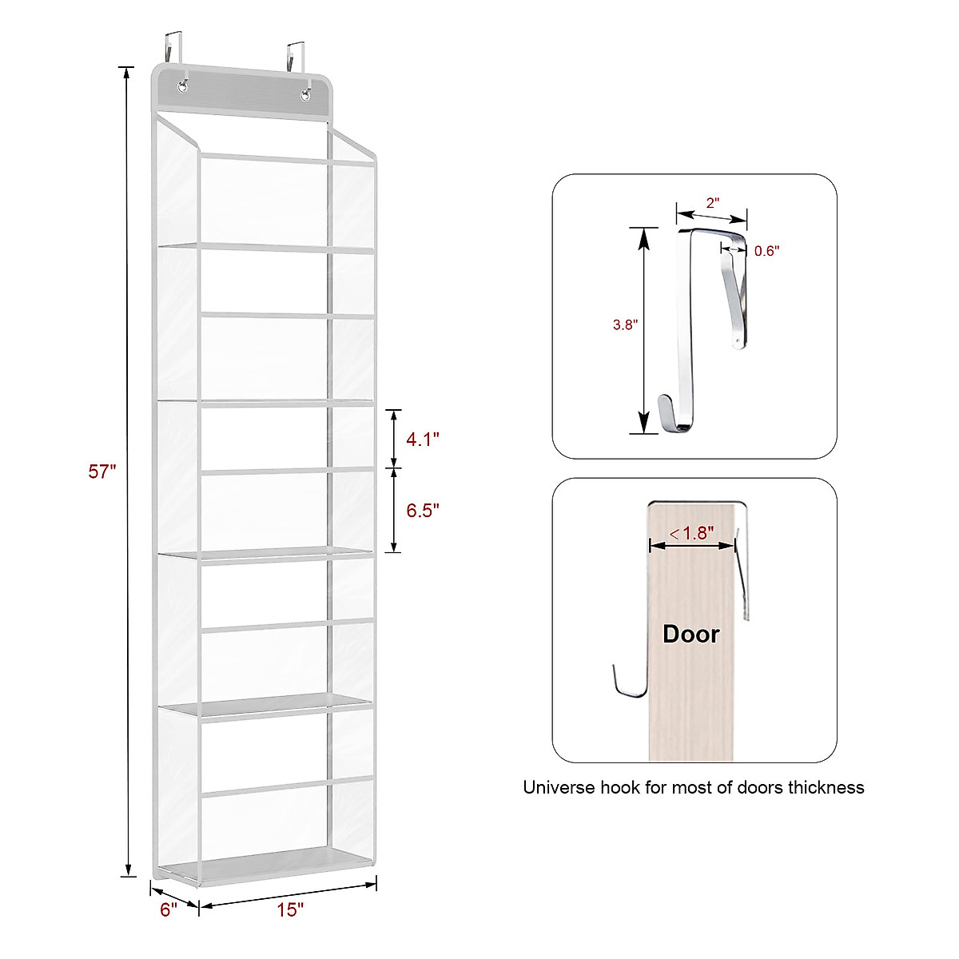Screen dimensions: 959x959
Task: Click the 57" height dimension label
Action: [102, 472]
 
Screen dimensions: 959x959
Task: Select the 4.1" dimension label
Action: [423, 439]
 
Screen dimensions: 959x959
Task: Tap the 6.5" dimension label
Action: [423, 511]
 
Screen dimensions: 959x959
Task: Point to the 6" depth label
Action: [168, 910]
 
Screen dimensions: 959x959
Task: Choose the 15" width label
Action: [291, 910]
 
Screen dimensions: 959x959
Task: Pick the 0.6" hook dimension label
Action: [766, 251]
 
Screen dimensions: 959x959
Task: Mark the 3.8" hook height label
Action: [625, 325]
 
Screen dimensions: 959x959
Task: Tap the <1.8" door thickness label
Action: [692, 533]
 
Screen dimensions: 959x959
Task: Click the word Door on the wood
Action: [691, 635]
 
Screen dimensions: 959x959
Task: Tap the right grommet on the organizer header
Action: [306, 96]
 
